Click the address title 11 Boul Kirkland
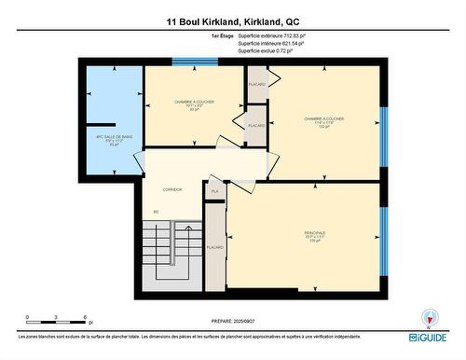click(233, 21)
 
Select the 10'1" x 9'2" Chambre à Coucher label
click(193, 104)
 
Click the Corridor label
click(171, 189)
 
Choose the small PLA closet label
click(214, 191)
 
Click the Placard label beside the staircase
click(214, 247)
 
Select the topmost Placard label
click(257, 85)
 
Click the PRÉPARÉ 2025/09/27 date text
click(233, 323)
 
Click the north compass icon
click(429, 317)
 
